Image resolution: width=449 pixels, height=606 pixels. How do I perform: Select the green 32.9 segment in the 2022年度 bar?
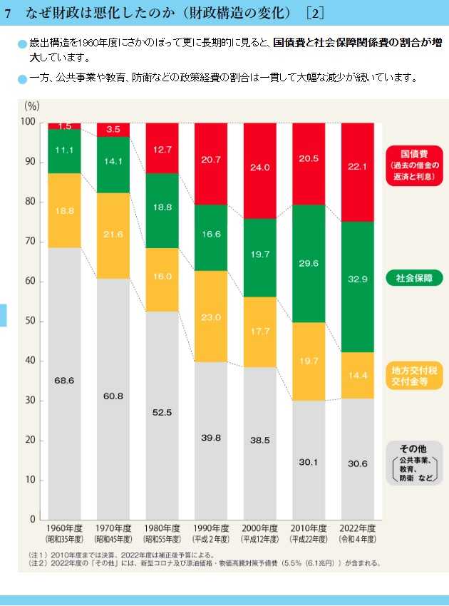point(358,279)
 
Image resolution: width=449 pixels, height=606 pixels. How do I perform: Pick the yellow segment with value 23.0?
point(211,317)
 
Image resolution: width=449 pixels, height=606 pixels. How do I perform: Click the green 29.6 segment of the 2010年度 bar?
point(309,263)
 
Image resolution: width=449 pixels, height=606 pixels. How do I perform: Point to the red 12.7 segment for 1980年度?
point(162,150)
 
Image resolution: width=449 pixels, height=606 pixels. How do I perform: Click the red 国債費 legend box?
point(414,165)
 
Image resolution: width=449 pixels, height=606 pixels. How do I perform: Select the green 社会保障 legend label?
point(414,277)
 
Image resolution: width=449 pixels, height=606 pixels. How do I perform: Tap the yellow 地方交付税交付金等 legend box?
point(414,375)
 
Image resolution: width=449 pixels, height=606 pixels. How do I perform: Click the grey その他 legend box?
point(414,463)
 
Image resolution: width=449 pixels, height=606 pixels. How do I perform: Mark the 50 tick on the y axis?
point(30,321)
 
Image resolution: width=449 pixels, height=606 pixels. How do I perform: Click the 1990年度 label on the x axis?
point(211,528)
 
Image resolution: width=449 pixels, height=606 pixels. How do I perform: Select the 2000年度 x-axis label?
point(260,528)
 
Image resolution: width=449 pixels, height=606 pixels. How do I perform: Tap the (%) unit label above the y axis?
point(32,106)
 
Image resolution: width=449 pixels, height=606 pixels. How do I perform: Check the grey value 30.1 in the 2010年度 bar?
point(309,462)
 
